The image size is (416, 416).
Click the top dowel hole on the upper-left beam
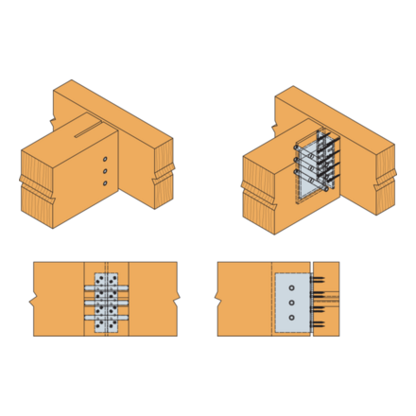pos(105,159)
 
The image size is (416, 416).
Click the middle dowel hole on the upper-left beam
pos(105,171)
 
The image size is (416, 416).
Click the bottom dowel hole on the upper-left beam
pos(105,183)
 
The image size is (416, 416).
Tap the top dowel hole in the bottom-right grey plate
pos(292,287)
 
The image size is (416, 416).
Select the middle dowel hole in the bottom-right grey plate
pos(292,303)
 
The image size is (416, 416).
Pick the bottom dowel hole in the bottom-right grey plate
pos(292,318)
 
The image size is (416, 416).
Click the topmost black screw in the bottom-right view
pos(321,279)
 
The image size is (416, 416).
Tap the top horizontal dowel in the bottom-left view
pos(105,287)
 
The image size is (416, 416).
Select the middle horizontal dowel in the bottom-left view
pos(105,303)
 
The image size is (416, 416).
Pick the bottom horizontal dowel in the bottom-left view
pos(105,318)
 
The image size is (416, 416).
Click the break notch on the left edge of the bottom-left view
pos(33,302)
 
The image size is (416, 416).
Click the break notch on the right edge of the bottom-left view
pos(177,302)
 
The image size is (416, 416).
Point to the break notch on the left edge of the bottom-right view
pos(218,302)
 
